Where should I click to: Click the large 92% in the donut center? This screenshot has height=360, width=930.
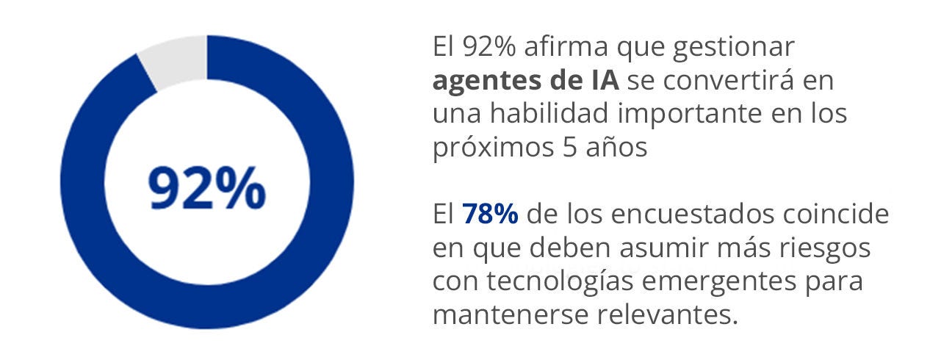coord(206,188)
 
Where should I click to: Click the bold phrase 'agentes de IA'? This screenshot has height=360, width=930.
coord(526,81)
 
